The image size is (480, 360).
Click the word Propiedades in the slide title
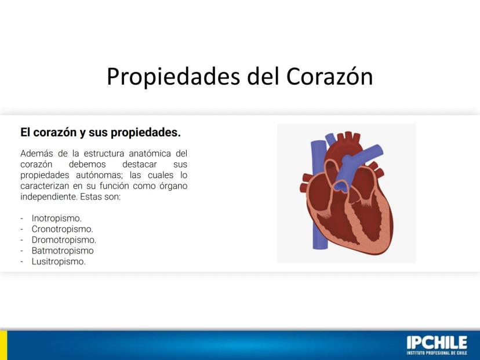pos(173,77)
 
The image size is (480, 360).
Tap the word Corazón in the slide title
pos(329,76)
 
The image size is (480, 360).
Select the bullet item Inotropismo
pos(57,219)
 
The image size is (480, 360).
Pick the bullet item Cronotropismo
pos(63,229)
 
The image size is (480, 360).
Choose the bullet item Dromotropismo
pos(64,240)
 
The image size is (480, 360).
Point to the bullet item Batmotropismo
pos(63,250)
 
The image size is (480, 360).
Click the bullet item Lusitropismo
pos(59,261)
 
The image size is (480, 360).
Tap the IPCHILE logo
pos(437,345)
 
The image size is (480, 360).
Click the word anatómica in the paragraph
pos(150,154)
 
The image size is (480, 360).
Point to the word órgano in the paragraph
pos(173,186)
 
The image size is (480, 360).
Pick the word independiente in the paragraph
pos(49,197)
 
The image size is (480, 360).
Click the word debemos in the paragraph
pos(87,165)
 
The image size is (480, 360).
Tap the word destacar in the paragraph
pos(139,165)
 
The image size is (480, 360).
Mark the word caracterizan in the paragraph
pos(45,186)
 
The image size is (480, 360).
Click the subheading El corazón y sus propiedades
pos(100,133)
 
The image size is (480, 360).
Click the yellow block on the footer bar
pos(3,345)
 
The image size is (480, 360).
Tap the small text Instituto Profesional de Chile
pos(437,353)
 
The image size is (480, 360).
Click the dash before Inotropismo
pos(22,219)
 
